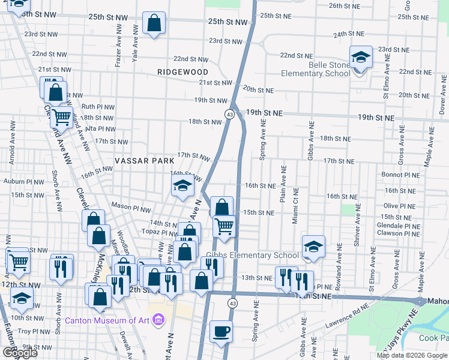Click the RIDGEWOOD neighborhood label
(182, 71)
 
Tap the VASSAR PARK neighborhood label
(145, 161)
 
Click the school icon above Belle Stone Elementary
(361, 58)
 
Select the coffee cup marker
(221, 331)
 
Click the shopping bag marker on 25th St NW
(154, 24)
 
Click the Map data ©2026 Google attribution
(412, 355)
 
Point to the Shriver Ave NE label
(358, 221)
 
